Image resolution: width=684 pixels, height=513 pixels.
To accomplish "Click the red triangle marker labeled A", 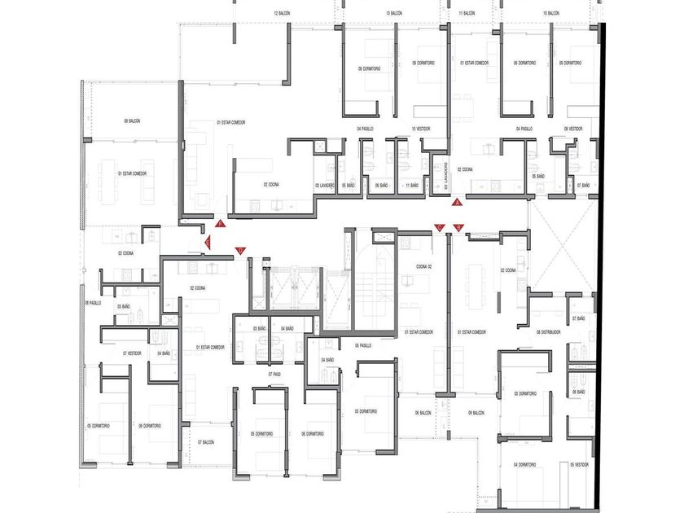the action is tap(458, 202).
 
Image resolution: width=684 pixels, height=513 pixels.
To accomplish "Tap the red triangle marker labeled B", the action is tap(458, 227).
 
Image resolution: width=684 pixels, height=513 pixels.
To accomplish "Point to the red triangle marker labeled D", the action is tap(239, 250).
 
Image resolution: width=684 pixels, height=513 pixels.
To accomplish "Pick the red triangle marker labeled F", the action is tap(220, 223).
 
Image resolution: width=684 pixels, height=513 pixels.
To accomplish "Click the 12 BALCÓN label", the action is tap(283, 14).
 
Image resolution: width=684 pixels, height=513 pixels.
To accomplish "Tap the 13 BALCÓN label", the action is tap(393, 14).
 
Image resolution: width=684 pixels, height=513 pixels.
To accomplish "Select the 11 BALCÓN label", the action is tap(467, 14).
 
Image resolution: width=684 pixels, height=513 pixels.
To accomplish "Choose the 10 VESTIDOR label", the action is tap(420, 129).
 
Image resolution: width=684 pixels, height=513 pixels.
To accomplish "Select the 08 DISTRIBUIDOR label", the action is tap(550, 332).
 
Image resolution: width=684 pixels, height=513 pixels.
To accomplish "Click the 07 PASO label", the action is tap(273, 374).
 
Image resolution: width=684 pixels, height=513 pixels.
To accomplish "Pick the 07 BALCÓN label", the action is tap(205, 442).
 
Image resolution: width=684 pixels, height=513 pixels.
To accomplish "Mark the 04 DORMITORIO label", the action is tap(525, 465).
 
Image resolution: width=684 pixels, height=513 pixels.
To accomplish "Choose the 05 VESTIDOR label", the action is tap(579, 465).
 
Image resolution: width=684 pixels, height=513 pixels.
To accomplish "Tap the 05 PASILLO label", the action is tap(362, 345).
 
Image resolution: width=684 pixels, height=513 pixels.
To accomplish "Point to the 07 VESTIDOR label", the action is tap(133, 353).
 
